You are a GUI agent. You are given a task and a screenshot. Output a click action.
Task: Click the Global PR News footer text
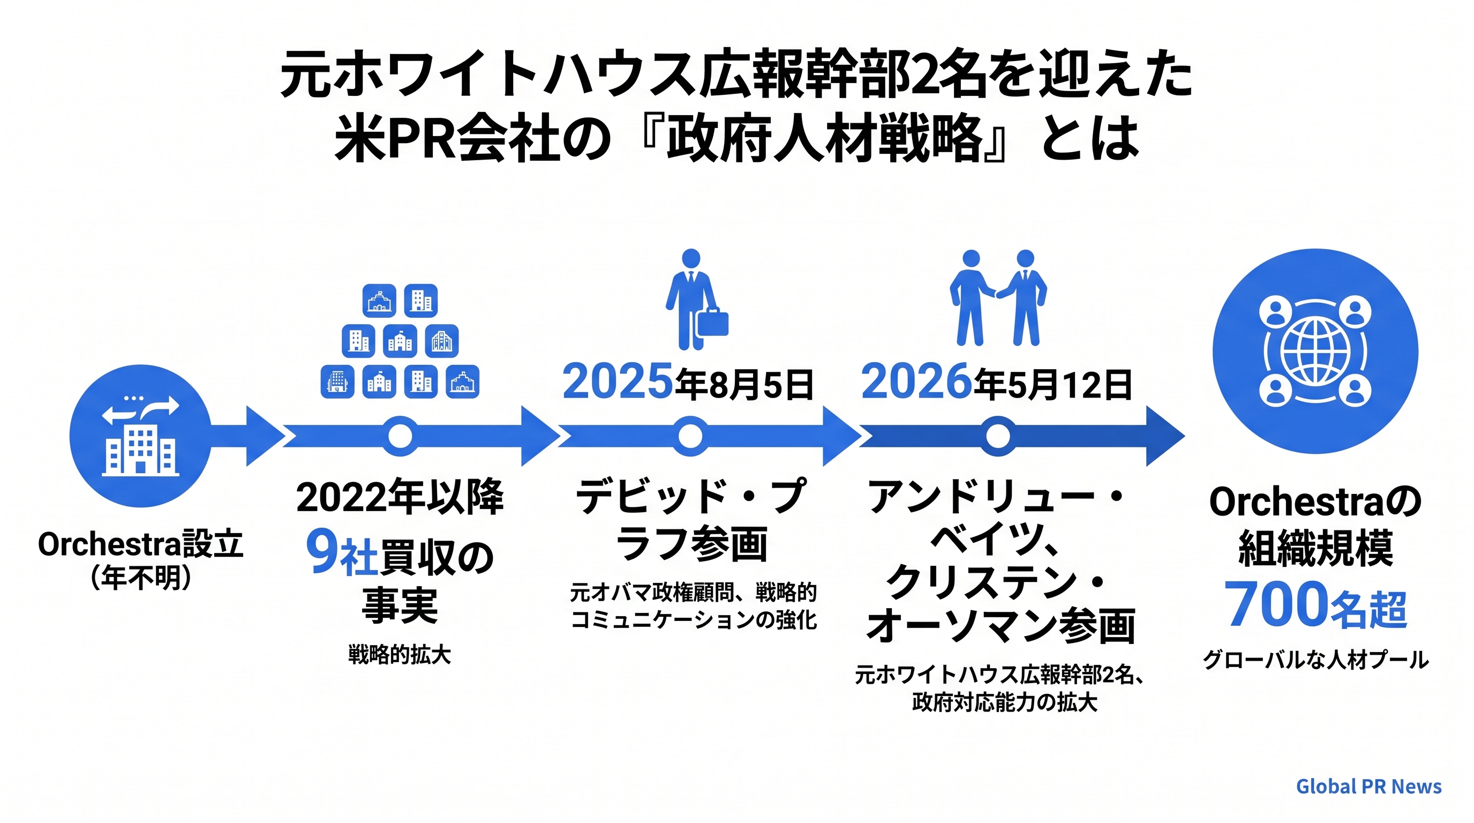tap(1368, 787)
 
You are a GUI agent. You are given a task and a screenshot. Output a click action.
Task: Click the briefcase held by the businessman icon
tap(712, 322)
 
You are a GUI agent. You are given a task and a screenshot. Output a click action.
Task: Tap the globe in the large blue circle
tap(1315, 351)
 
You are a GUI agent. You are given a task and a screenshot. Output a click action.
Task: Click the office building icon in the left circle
tap(140, 451)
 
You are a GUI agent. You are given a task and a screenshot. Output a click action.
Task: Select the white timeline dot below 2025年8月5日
tap(690, 437)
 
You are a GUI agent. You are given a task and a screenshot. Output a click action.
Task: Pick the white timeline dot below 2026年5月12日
tap(998, 437)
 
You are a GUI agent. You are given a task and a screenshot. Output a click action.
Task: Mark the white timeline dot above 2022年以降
tap(400, 437)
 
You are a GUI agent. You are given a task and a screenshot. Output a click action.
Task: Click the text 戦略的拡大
tap(400, 654)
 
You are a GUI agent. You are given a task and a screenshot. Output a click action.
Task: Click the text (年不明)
tap(140, 578)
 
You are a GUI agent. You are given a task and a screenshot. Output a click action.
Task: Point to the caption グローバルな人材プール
tap(1315, 660)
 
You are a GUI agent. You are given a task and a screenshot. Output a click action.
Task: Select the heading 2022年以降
tap(400, 497)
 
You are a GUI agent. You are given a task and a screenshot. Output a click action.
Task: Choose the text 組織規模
tap(1315, 548)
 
